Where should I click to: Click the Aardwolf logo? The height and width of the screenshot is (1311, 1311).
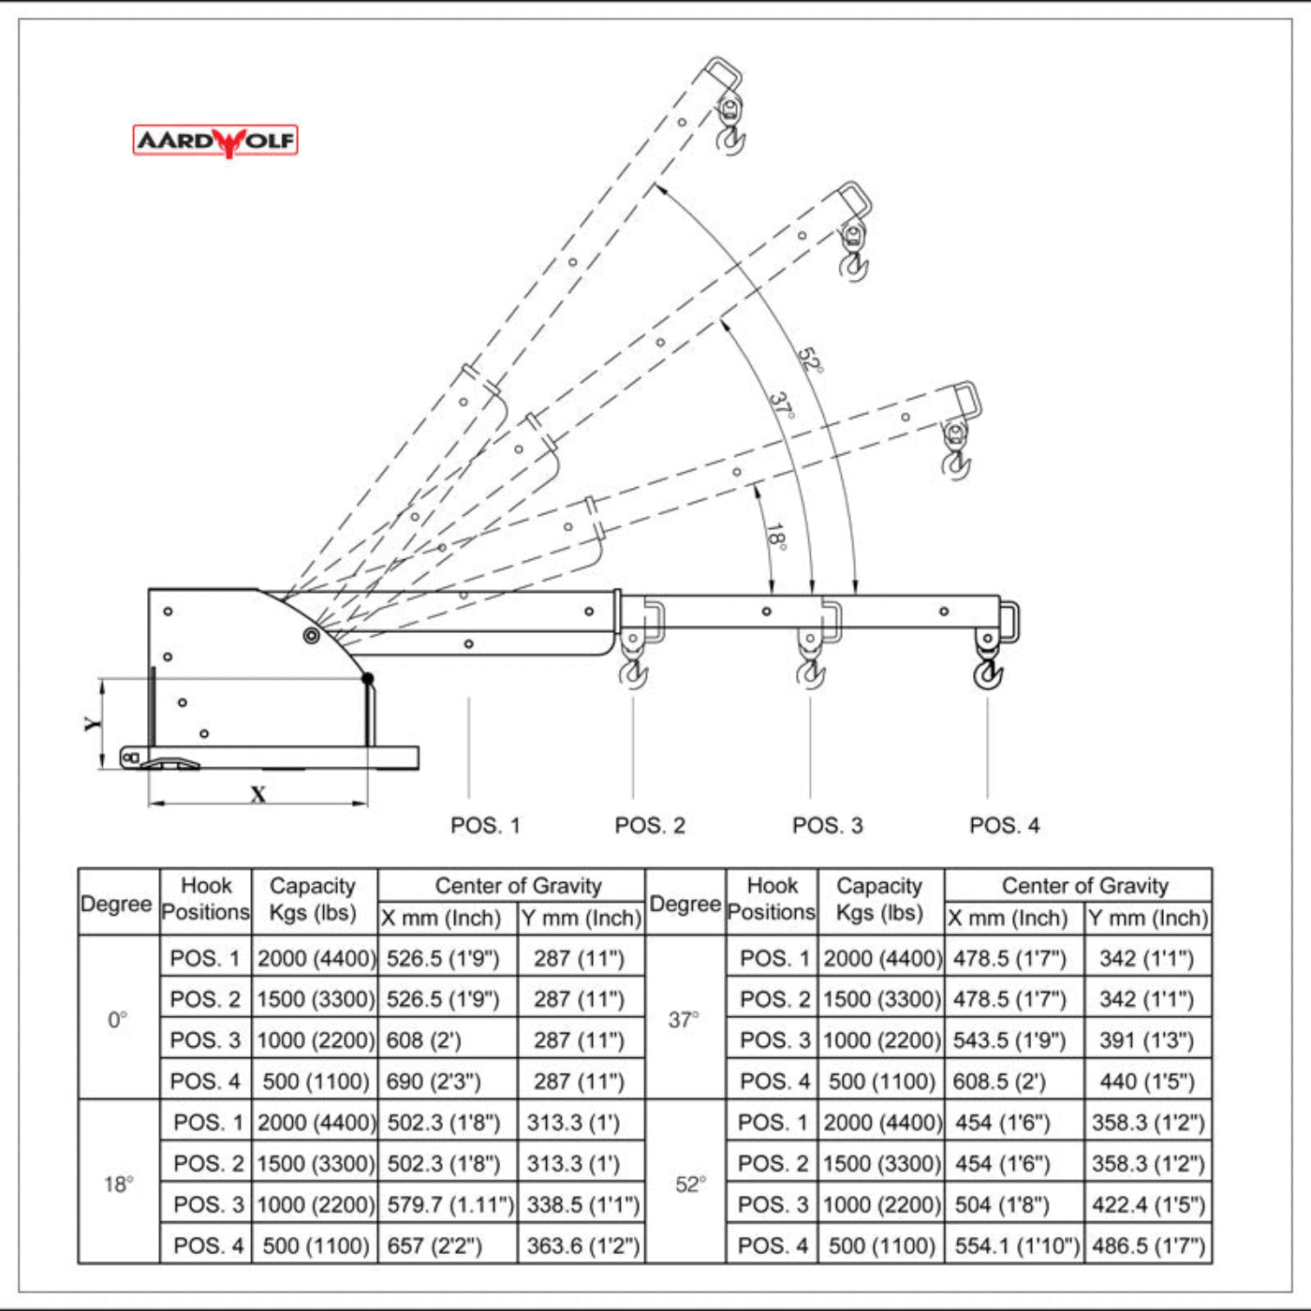pos(215,140)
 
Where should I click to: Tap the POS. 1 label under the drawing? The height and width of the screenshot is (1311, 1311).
pos(485,826)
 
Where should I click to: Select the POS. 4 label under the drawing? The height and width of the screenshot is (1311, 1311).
pos(1004,826)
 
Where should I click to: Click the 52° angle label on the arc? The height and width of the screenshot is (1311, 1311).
pos(810,361)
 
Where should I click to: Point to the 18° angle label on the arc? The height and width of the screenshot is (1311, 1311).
pos(775,536)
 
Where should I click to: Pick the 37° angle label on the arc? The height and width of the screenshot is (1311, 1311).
pos(782,405)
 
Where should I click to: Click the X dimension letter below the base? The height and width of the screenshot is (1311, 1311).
pos(258,795)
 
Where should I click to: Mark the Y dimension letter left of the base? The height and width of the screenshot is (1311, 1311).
pos(92,723)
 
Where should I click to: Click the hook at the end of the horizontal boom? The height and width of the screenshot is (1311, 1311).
pos(988,672)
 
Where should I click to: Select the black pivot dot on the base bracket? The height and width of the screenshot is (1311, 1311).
pos(368,678)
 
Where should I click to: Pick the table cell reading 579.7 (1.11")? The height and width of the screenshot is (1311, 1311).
pos(448,1205)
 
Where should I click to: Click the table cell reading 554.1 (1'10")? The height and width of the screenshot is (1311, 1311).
pos(1015,1246)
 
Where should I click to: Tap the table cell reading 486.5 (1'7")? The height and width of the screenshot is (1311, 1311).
pos(1148,1246)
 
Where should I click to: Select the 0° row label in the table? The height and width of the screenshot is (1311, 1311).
pos(118,1020)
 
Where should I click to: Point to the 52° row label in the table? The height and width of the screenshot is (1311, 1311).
pos(690,1185)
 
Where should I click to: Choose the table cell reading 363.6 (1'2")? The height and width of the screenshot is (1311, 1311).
pos(582,1246)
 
